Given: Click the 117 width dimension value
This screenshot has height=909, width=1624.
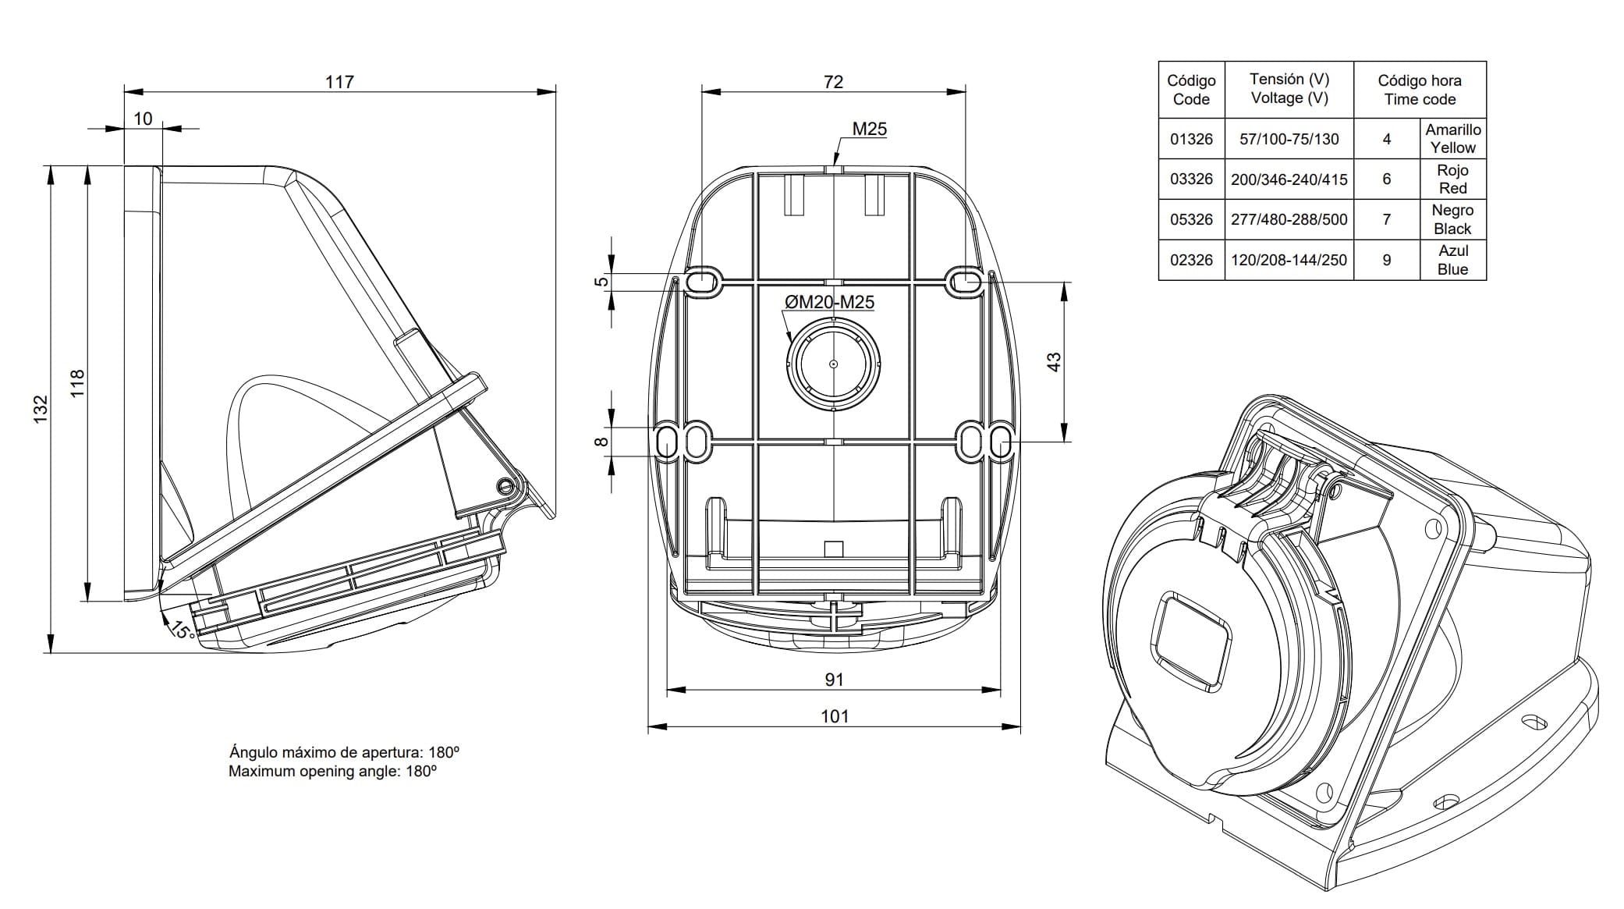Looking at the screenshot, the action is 339,81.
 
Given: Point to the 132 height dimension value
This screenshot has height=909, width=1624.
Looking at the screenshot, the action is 41,410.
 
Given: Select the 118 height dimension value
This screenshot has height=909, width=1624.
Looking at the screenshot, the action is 77,384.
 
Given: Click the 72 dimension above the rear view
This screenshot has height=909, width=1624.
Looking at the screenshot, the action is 833,81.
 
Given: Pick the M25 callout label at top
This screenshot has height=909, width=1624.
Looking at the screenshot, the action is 869,129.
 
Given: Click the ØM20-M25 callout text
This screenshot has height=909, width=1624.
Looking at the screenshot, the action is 829,302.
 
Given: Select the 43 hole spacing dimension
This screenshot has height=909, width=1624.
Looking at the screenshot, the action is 1054,362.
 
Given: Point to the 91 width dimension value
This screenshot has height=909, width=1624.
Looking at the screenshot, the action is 834,679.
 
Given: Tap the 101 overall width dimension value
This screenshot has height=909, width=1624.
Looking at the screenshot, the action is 834,716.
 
